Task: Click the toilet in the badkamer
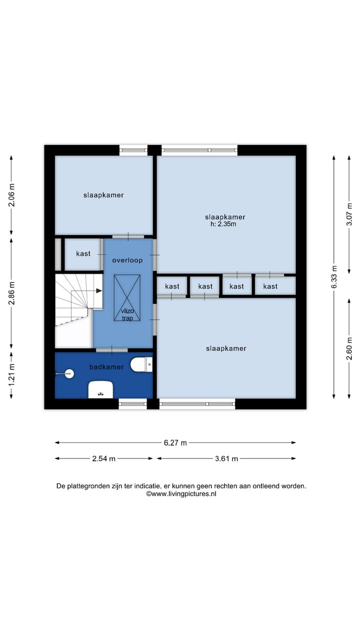(141, 364)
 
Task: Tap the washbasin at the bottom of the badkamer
(100, 389)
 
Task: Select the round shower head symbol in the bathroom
(69, 373)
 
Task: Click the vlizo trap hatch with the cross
(127, 297)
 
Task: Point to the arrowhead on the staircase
(99, 291)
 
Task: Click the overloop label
(127, 260)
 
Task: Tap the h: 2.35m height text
(223, 224)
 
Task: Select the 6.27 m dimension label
(175, 443)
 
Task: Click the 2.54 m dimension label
(103, 459)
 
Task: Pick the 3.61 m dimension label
(226, 459)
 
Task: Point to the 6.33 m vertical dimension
(334, 277)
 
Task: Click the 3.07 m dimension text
(349, 214)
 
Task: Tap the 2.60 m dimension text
(349, 348)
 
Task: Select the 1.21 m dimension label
(11, 375)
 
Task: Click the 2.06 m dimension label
(11, 195)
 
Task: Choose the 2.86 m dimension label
(11, 293)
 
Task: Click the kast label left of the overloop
(83, 253)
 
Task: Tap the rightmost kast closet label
(270, 286)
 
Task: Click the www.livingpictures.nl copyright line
(181, 493)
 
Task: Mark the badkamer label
(106, 367)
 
